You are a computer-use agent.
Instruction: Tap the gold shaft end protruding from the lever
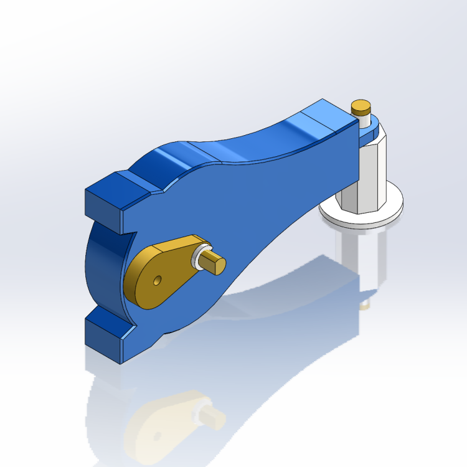(x=214, y=262)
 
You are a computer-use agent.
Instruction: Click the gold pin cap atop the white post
(x=361, y=107)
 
